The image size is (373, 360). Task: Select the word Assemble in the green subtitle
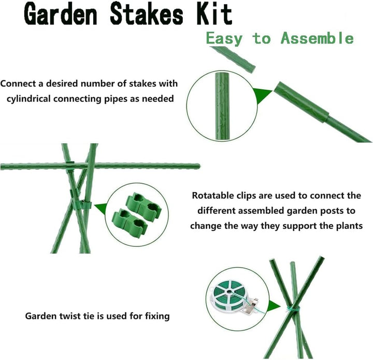click(x=317, y=38)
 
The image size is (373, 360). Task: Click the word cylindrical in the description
click(x=28, y=99)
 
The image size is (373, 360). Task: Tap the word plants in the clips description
click(x=349, y=226)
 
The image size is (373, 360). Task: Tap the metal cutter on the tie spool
click(x=251, y=306)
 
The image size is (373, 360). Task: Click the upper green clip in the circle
click(x=144, y=204)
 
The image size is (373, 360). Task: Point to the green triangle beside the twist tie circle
click(x=274, y=306)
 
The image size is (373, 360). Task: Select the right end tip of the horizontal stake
click(x=199, y=166)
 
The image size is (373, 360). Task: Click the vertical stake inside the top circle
click(x=222, y=106)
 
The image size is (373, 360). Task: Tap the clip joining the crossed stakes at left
click(x=82, y=205)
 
